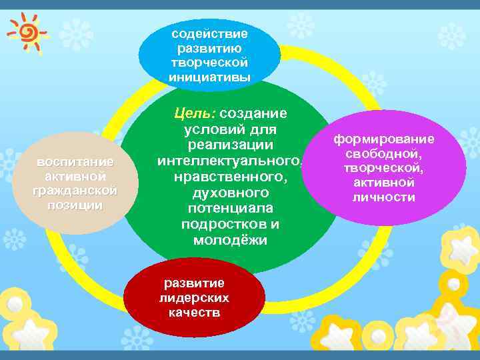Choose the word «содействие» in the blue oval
(209, 33)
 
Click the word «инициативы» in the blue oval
(209, 77)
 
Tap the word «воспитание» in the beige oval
(75, 162)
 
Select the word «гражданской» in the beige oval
(75, 191)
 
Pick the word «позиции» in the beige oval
(75, 205)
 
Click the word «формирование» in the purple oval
(384, 139)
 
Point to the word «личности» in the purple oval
(384, 197)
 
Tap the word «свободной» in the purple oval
(384, 154)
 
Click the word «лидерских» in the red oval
(194, 298)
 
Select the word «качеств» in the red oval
(194, 312)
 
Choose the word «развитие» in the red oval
(194, 283)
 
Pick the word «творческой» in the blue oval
(209, 62)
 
